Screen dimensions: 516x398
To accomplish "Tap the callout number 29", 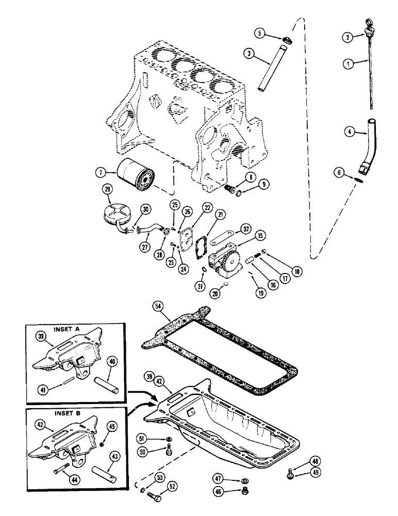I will [107, 191].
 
